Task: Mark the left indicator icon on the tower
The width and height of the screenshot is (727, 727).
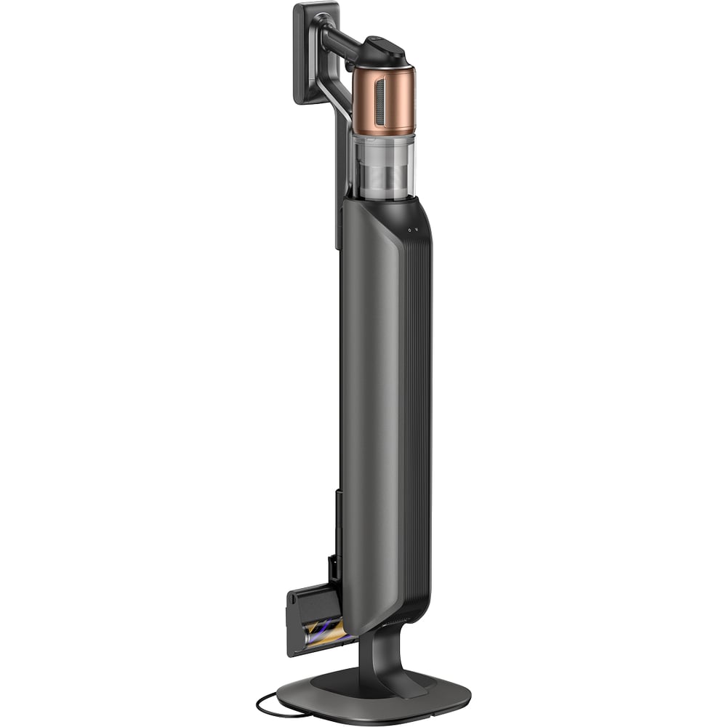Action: tap(409, 230)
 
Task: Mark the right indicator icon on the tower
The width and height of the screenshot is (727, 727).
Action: tap(417, 230)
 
